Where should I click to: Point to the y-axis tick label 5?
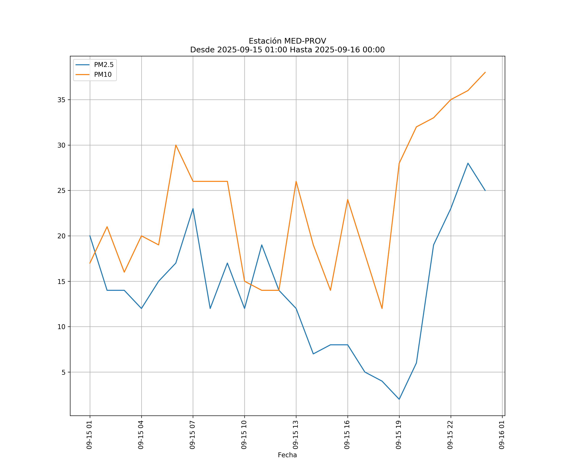63,372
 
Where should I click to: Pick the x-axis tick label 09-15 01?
89,435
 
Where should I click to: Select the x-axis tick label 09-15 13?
295,435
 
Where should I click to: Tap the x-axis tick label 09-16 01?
502,435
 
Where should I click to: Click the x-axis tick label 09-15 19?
399,435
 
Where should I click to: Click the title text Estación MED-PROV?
287,41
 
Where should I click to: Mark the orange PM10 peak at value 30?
176,145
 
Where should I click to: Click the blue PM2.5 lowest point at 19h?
399,399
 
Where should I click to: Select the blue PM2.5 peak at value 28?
468,163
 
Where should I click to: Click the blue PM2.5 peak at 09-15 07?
193,209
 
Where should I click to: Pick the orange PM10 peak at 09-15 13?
296,182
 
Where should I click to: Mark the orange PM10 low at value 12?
382,309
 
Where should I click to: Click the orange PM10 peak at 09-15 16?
348,200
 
